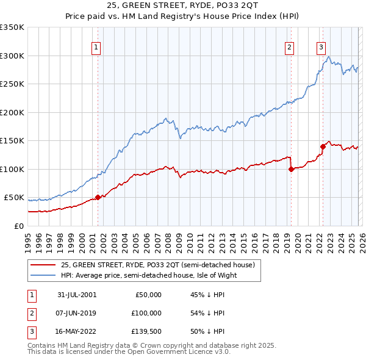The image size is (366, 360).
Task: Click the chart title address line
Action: tap(183, 5)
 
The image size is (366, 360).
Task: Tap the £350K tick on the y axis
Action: tap(12, 27)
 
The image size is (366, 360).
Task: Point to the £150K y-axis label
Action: tap(12, 141)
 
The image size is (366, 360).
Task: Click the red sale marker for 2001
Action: tap(98, 197)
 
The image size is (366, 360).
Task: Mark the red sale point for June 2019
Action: tap(291, 169)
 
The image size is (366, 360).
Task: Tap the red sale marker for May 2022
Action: tap(323, 146)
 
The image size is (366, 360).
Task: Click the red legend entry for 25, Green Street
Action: tap(161, 265)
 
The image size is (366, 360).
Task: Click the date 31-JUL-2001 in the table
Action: tap(77, 295)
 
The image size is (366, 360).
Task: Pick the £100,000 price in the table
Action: tap(146, 313)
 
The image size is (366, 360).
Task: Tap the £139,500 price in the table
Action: tap(146, 331)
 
